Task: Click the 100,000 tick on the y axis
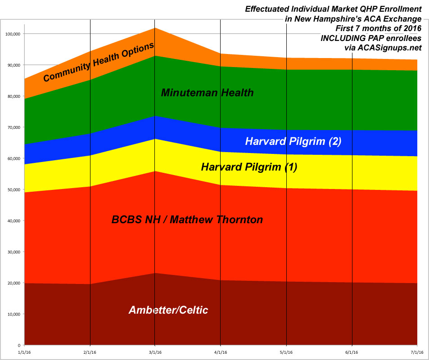point(13,34)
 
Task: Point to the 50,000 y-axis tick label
point(14,190)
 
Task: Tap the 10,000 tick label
point(14,314)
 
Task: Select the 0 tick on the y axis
point(19,345)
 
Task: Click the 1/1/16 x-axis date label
point(24,352)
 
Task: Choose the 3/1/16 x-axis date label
point(155,352)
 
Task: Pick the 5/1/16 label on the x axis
point(286,352)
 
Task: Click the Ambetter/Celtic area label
point(168,310)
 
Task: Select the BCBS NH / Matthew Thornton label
point(187,220)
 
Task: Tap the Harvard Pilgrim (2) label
point(293,141)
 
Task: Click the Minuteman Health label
point(207,93)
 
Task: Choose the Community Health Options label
point(99,62)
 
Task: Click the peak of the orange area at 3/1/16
point(155,28)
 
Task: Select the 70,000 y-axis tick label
point(14,127)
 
